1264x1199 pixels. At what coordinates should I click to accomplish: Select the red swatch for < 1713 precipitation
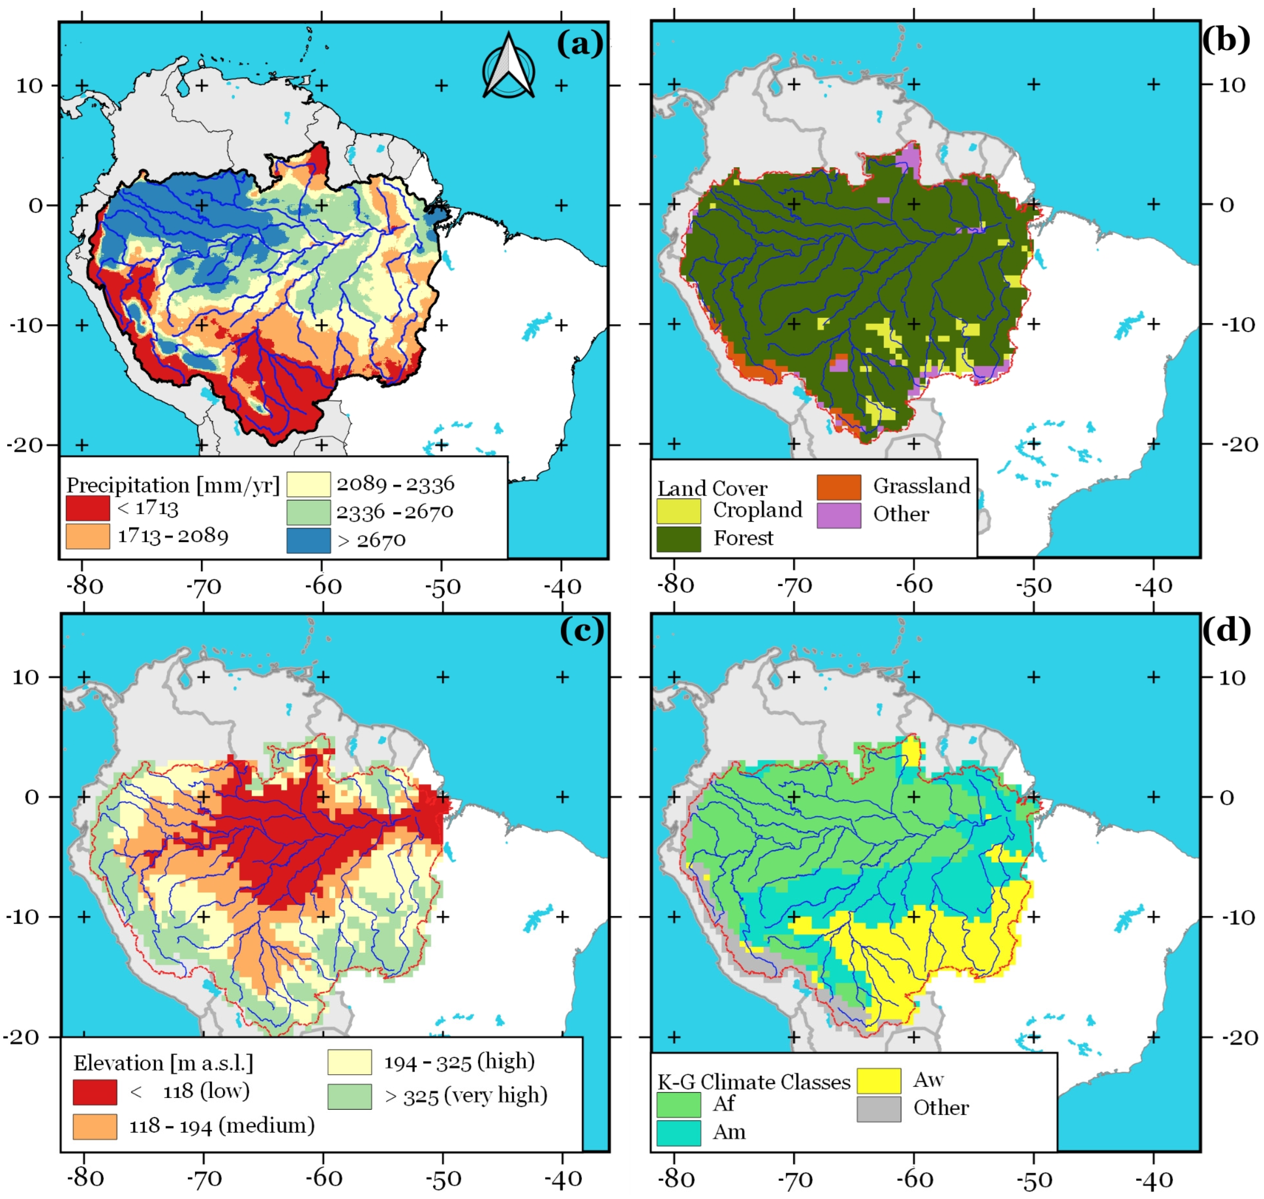tap(87, 508)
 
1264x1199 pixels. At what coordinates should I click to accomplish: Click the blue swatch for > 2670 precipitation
tap(309, 540)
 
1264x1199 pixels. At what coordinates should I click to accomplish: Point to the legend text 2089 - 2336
tap(396, 484)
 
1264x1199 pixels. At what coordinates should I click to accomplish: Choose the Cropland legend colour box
tap(679, 511)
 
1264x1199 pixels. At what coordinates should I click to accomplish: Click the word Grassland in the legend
tap(922, 486)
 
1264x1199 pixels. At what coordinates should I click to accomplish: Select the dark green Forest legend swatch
tap(679, 539)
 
